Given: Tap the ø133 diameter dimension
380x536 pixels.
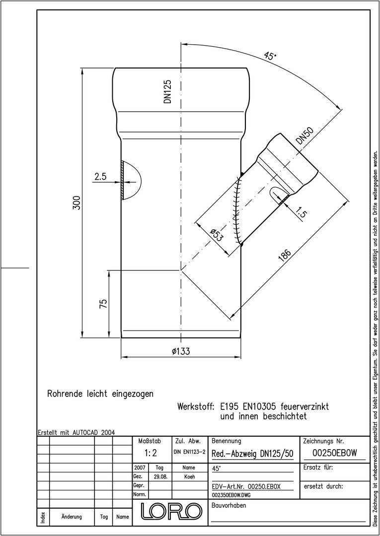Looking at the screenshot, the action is [x=181, y=351].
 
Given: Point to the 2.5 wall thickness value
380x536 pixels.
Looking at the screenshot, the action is [x=101, y=176].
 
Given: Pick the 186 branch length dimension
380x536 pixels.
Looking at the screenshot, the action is [x=284, y=256].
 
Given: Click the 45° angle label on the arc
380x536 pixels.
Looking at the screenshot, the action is [x=270, y=56].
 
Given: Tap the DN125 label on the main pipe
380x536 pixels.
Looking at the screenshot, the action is [x=167, y=92].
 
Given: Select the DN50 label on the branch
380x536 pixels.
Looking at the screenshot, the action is [x=305, y=135].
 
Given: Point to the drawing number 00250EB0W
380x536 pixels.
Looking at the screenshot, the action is [x=334, y=453].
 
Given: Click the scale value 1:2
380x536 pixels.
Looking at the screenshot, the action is [x=151, y=454].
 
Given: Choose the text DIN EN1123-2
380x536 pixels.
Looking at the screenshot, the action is [x=189, y=452].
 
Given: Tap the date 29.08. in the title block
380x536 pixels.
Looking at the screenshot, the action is [x=160, y=476].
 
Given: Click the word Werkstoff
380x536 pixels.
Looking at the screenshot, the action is [x=196, y=407].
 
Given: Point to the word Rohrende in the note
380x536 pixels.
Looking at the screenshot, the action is [x=60, y=394].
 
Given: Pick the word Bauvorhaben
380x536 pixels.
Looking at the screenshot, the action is [x=229, y=506].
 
